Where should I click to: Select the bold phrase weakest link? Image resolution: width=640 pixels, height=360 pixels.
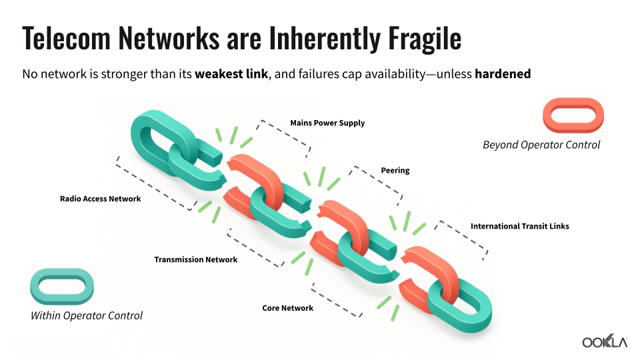point(231,74)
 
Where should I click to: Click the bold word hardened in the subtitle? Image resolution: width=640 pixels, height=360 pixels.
point(503,74)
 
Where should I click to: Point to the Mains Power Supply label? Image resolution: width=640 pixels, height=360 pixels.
point(327,123)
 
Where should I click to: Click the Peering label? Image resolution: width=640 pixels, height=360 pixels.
point(395,171)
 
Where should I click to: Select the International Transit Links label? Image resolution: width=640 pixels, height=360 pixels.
point(519,226)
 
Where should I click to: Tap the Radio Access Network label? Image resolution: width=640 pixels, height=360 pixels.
point(100,199)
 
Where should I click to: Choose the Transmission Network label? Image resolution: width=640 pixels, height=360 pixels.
point(195,259)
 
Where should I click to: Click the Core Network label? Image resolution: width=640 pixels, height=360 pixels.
point(287,308)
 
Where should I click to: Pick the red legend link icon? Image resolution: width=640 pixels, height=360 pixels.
point(573,115)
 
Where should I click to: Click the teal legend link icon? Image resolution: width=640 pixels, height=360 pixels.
point(61,285)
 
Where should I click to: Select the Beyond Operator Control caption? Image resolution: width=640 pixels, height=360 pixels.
point(541,145)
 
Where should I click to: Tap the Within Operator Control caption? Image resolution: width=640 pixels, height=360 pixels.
point(87,315)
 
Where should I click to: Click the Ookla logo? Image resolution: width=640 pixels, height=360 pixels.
point(605,342)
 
